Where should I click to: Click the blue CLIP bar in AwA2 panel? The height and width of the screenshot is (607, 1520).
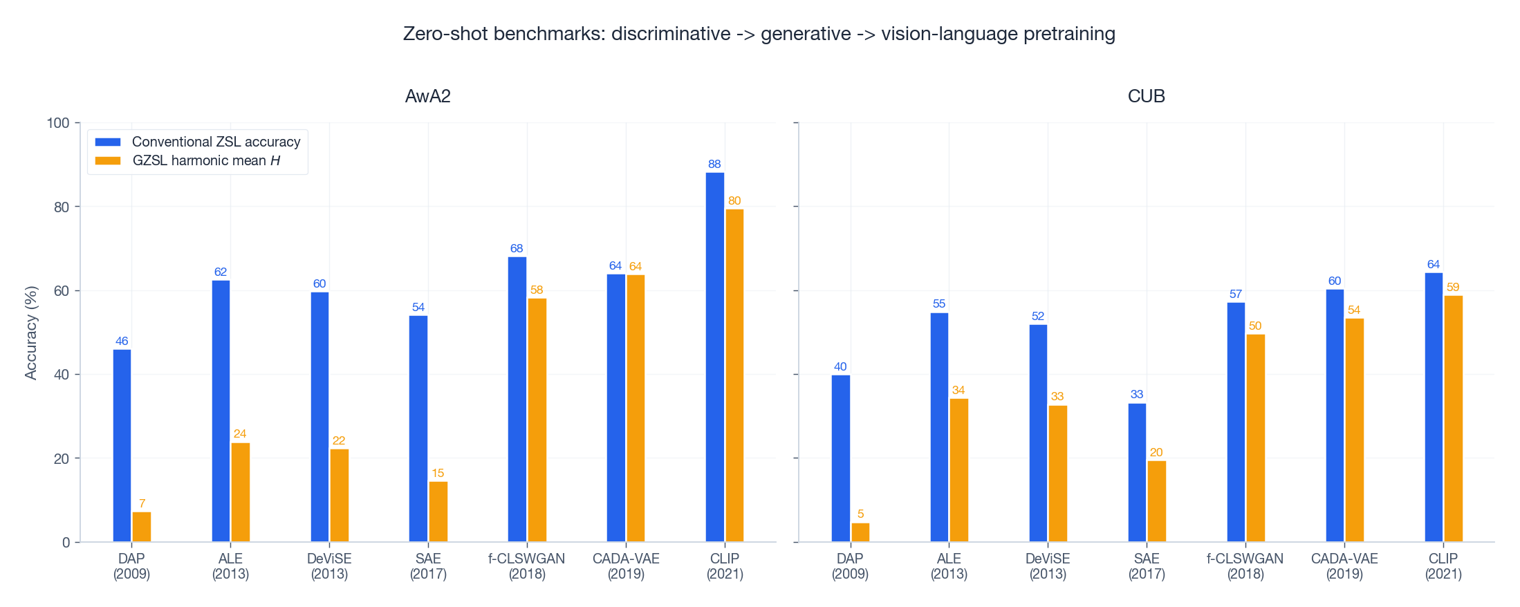coord(714,357)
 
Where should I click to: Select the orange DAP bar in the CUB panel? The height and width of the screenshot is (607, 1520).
coord(860,532)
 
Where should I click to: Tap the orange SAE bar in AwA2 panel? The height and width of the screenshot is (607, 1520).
coord(438,512)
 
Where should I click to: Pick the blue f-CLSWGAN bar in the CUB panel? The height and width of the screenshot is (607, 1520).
coord(1236,422)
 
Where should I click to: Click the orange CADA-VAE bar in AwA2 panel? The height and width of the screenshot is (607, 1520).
coord(636,408)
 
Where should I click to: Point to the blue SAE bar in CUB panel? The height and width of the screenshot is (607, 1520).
coord(1137,472)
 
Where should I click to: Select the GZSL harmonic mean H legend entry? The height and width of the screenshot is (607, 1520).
coord(206,160)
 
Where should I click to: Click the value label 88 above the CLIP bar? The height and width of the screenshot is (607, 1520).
coord(714,164)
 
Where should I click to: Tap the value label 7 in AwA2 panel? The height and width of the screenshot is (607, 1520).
coord(142,503)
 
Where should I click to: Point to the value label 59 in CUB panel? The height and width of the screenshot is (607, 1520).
coord(1453,287)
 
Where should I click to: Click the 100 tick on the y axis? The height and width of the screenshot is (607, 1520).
coord(58,123)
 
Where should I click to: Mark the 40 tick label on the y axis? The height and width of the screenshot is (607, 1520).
coord(62,375)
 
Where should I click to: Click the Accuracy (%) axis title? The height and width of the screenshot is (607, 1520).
coord(30,333)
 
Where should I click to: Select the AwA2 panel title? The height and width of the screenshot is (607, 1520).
coord(427,96)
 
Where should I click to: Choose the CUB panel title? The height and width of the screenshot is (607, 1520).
coord(1146,96)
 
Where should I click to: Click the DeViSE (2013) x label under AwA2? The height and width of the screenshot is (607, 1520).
coord(329,566)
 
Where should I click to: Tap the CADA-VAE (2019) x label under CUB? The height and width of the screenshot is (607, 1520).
coord(1344,566)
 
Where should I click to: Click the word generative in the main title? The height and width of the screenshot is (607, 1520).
coord(806,34)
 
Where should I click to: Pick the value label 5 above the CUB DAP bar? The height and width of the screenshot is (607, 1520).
coord(860,514)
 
